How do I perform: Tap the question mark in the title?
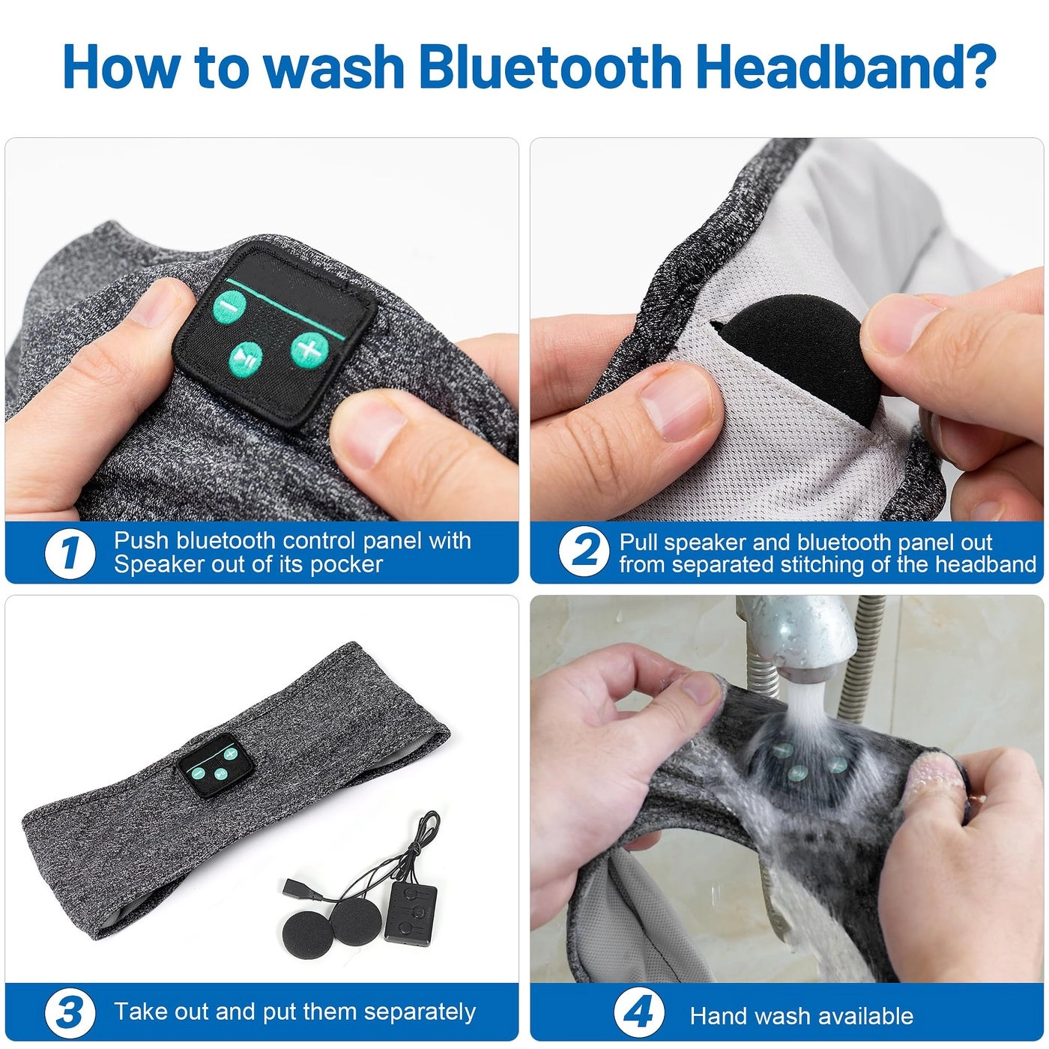point(976,67)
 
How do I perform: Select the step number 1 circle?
point(69,554)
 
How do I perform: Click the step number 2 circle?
point(584,552)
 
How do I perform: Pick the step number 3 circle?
point(69,1013)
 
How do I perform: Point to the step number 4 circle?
point(638,1013)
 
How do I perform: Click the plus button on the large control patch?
point(309,348)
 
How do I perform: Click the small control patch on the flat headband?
point(209,765)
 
